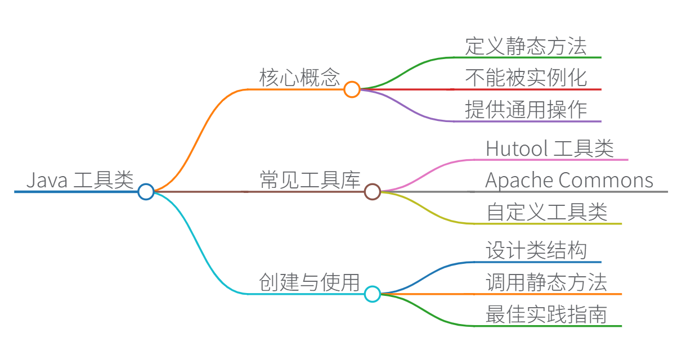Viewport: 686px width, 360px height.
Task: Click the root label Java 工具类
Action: (80, 180)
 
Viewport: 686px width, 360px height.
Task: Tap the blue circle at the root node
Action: (146, 192)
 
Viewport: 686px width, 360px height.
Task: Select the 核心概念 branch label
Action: (299, 78)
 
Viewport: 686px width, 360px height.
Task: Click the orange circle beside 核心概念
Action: (352, 89)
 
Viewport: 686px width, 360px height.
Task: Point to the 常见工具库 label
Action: (310, 180)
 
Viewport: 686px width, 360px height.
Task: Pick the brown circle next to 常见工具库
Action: (372, 192)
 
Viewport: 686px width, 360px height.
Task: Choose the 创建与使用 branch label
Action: (310, 282)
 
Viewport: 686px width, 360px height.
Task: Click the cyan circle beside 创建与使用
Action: (372, 294)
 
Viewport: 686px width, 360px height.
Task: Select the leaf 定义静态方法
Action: (526, 46)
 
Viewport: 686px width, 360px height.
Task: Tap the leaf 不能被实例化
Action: (526, 78)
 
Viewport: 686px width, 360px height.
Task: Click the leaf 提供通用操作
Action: (526, 109)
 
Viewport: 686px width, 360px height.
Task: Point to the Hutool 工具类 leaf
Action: (549, 148)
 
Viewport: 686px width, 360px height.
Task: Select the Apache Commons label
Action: (569, 180)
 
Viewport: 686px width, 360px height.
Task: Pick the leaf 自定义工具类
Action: (546, 212)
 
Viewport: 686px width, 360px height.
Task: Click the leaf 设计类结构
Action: (536, 251)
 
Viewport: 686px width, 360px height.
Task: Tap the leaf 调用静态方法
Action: (546, 282)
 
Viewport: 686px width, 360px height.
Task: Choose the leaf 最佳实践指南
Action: (546, 314)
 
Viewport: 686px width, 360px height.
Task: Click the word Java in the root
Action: (47, 181)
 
